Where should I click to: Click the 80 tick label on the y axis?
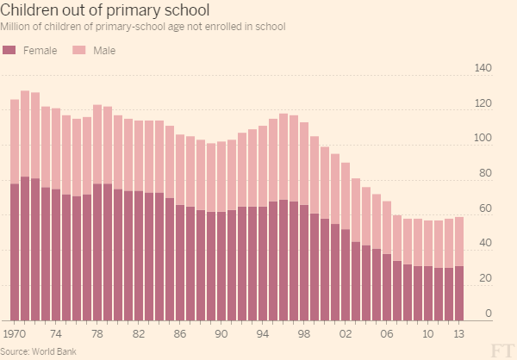[484, 173]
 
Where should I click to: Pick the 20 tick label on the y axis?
[484, 278]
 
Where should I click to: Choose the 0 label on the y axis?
[488, 313]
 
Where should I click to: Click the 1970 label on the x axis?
[15, 332]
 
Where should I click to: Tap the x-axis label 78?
[98, 332]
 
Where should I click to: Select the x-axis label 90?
[221, 332]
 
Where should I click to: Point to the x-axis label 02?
[346, 332]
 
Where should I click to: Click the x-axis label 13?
[459, 332]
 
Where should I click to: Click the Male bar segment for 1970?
[15, 141]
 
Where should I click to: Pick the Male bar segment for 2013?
[459, 241]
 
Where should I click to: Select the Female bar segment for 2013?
[459, 294]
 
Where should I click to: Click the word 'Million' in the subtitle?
[16, 27]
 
